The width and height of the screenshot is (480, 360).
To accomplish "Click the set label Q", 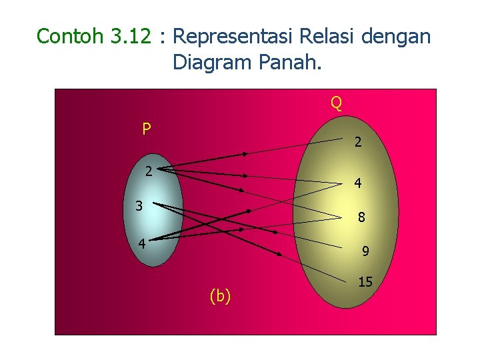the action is tap(336, 103).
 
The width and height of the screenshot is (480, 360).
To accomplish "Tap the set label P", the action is tap(147, 129).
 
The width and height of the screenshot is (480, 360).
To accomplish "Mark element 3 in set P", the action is tap(139, 206).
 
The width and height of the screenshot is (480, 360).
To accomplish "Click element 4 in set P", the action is tap(142, 243).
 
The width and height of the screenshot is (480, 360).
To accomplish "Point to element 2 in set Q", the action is tap(358, 142).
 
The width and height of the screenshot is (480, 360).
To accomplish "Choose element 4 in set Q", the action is tap(358, 183).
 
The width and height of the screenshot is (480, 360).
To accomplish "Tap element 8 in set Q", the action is tap(361, 217).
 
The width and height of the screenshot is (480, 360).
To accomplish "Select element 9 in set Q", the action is tap(365, 252).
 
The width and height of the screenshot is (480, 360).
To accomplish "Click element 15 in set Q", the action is tap(365, 282).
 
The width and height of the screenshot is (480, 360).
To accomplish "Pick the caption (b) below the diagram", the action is tap(220, 296).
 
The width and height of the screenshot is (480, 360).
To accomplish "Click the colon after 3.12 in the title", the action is tap(161, 37).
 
